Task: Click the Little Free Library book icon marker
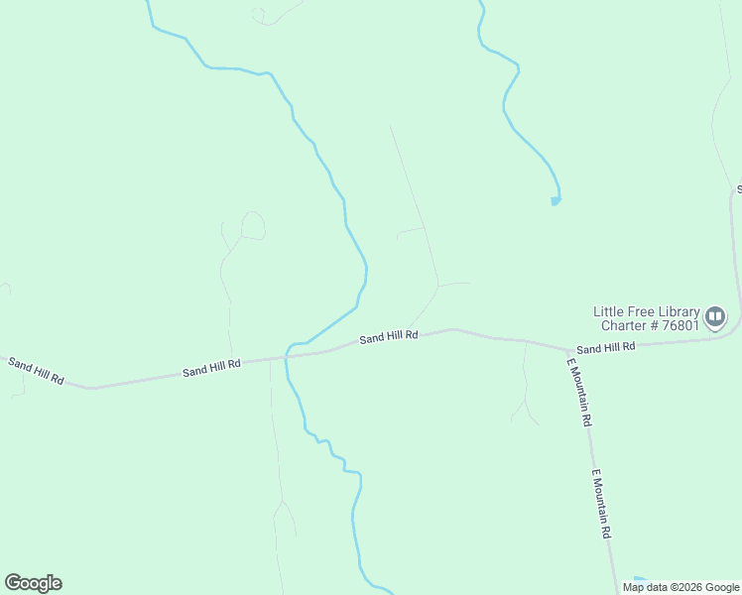click(x=714, y=317)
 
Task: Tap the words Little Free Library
click(x=646, y=311)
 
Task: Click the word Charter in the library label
click(x=624, y=325)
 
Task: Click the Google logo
click(x=33, y=583)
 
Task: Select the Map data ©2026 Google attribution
click(x=680, y=587)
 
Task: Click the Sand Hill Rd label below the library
click(x=605, y=348)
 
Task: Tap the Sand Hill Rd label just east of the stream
click(x=388, y=337)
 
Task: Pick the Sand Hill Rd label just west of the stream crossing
click(x=211, y=367)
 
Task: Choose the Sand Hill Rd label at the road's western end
click(x=36, y=371)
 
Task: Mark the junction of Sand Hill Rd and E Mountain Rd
click(x=569, y=350)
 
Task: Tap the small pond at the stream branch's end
click(x=556, y=201)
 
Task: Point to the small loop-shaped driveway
click(x=253, y=225)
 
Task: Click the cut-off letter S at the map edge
click(x=738, y=188)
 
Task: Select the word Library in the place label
click(x=679, y=311)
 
